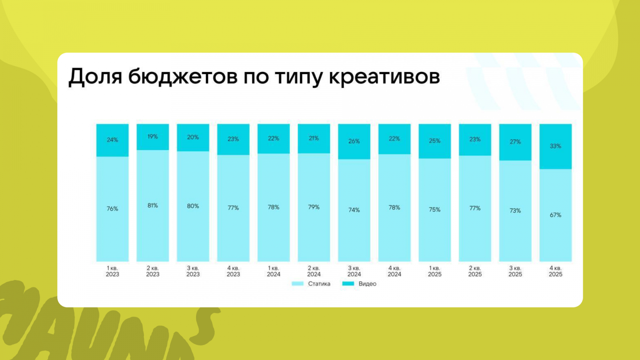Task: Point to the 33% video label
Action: [555, 146]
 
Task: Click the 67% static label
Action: [555, 215]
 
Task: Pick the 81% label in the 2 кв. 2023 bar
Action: [152, 206]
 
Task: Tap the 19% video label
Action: [152, 137]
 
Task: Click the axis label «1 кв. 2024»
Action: [274, 271]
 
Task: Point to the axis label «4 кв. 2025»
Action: [555, 271]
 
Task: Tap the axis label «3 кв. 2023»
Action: [193, 271]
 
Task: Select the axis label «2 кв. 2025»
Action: [475, 271]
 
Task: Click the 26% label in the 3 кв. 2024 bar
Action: [354, 141]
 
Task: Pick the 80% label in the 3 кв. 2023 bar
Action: [193, 206]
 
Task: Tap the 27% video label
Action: [515, 142]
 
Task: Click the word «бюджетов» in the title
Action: [183, 76]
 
